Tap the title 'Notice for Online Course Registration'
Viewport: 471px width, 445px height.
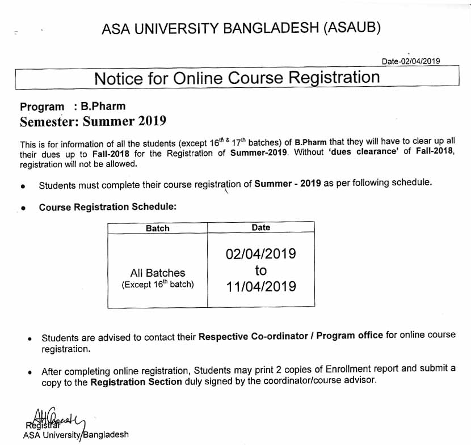(x=237, y=78)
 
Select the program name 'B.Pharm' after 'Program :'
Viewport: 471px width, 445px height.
(x=103, y=106)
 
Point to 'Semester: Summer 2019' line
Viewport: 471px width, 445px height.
(x=93, y=121)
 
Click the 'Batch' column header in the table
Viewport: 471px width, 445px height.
(x=157, y=228)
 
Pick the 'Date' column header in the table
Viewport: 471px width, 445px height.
(x=260, y=227)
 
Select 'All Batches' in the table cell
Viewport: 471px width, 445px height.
(x=157, y=273)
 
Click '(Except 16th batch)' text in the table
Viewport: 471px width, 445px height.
(x=157, y=285)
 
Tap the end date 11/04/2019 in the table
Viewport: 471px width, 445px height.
(x=260, y=286)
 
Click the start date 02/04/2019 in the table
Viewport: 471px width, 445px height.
(x=260, y=253)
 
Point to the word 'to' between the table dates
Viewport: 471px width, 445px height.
(x=260, y=270)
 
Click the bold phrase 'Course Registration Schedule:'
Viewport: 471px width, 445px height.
(x=108, y=207)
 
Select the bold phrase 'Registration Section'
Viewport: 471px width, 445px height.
(x=136, y=382)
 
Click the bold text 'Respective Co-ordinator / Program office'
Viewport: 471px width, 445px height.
(x=291, y=336)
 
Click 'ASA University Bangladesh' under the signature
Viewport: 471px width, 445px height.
(x=76, y=435)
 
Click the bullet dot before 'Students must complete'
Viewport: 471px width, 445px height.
(x=22, y=185)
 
